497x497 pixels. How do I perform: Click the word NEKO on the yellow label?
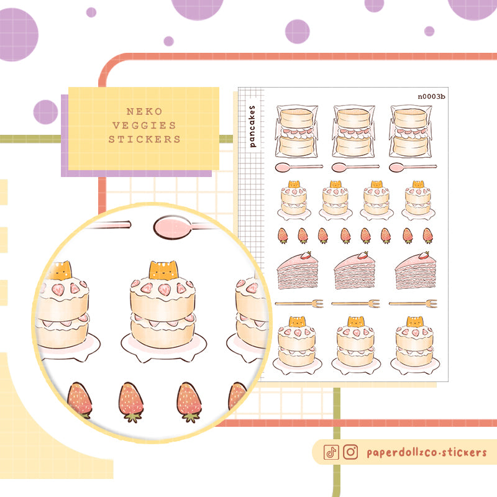[144, 111]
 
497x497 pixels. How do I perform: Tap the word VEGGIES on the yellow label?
[144, 125]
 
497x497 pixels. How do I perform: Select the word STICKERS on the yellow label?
[144, 140]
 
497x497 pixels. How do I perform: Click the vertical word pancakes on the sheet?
[252, 125]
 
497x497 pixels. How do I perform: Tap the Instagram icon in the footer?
[350, 452]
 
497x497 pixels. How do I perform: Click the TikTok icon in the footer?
[331, 452]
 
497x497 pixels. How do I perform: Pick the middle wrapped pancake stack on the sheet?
[353, 131]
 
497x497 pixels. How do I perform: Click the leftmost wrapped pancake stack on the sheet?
[296, 131]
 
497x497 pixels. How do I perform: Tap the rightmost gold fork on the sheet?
[411, 303]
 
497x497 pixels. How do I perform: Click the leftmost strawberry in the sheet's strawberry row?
[283, 235]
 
